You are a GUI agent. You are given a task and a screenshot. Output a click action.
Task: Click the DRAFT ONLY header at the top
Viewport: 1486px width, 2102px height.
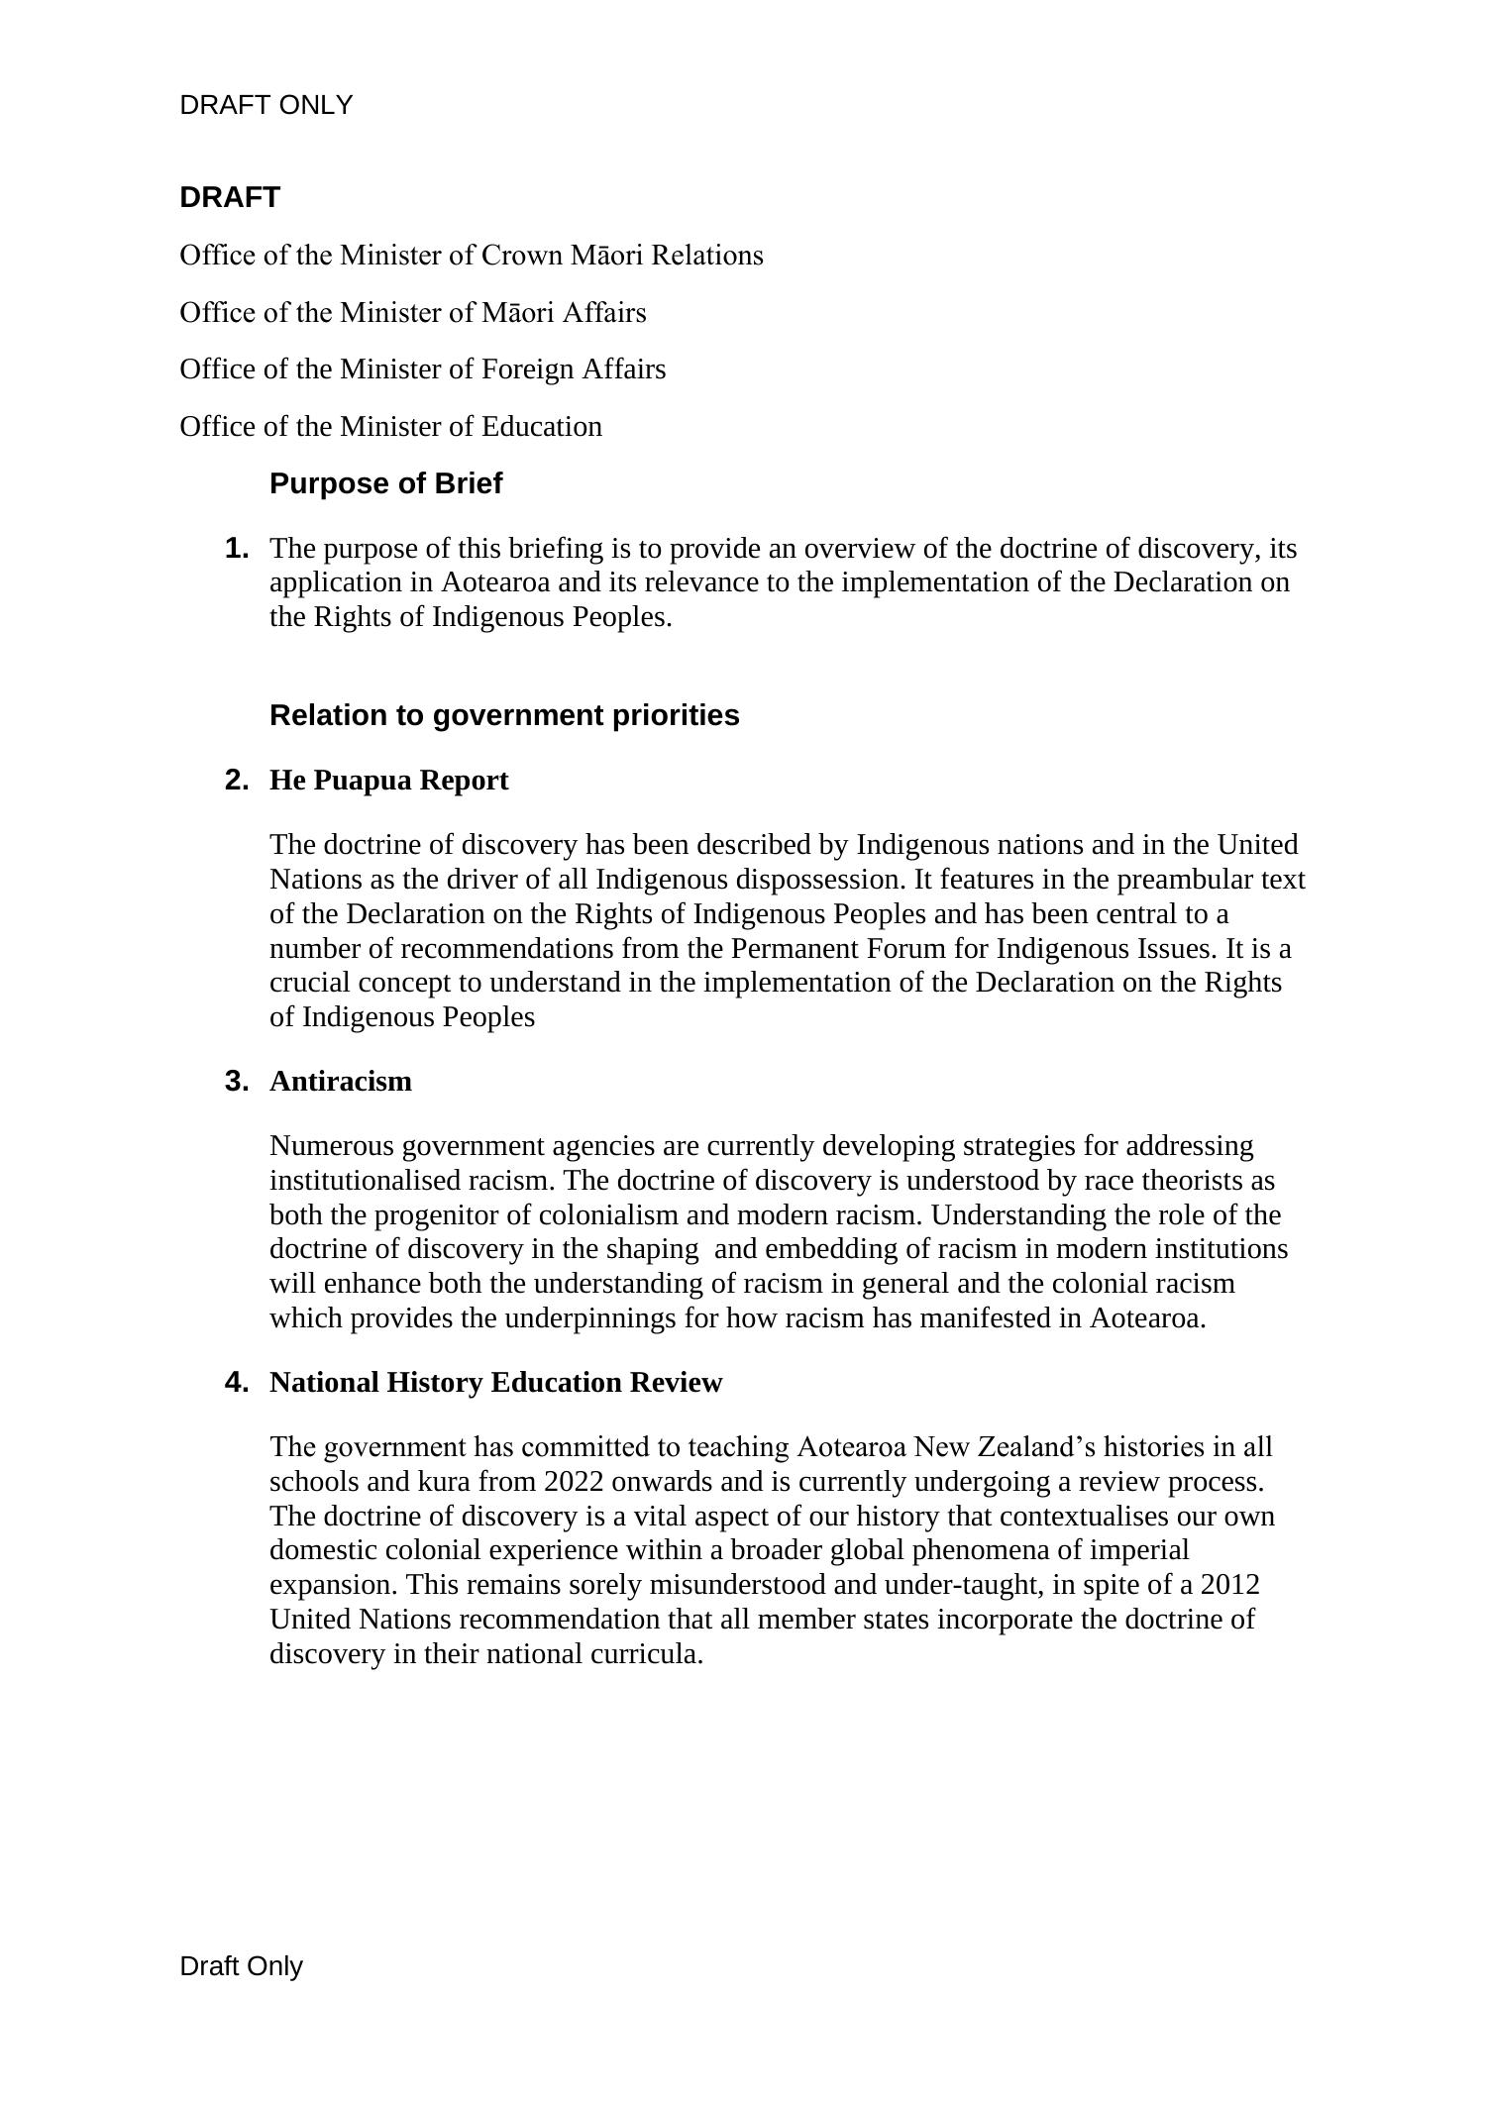265,105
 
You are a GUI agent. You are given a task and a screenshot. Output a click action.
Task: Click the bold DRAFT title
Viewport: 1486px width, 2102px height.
230,197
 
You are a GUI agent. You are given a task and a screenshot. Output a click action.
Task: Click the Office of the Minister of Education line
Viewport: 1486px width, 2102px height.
390,427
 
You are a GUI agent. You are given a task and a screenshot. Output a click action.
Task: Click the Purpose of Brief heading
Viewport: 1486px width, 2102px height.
385,483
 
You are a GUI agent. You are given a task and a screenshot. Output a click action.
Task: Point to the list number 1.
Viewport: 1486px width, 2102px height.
236,548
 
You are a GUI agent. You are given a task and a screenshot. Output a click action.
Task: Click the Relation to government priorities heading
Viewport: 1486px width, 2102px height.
504,715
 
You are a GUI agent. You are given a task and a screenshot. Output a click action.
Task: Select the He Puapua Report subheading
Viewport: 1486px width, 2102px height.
388,781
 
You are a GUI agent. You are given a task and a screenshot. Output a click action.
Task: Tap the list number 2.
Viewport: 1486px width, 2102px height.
236,781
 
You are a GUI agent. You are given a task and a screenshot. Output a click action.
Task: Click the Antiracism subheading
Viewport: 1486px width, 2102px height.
340,1082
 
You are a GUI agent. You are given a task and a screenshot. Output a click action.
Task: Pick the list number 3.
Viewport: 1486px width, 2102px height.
236,1082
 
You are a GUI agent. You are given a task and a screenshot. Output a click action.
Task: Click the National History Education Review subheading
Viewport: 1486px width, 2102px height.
495,1383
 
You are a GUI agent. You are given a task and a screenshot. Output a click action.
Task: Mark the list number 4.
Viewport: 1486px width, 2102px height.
236,1383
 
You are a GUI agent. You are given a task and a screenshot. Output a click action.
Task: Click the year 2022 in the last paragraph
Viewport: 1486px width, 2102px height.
573,1482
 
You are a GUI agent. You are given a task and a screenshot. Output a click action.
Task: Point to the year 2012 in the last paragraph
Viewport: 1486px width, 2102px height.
1229,1585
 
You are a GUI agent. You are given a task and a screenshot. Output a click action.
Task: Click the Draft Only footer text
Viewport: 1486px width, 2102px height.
241,1966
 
